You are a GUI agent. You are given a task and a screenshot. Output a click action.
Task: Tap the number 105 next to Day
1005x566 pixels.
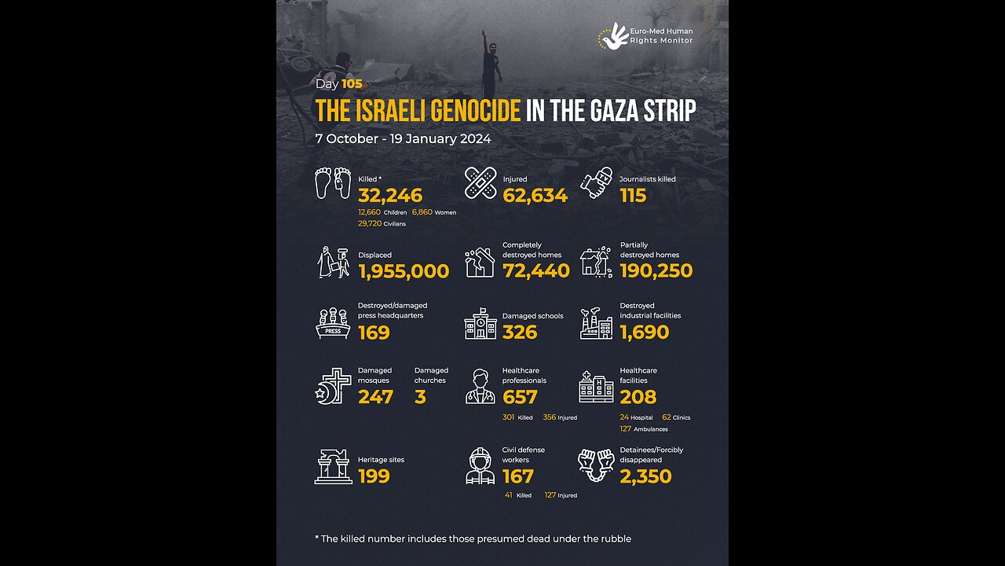[x=352, y=84]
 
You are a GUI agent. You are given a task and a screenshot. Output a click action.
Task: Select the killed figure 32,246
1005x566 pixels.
[x=390, y=196]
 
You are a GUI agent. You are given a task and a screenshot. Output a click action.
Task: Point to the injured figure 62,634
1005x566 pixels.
[x=535, y=196]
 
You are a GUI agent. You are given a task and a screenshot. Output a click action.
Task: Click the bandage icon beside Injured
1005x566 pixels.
[x=480, y=182]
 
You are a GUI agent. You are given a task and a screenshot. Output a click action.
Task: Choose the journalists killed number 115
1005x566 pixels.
[x=633, y=196]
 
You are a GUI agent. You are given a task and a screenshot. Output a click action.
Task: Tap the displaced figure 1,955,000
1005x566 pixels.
[x=404, y=272]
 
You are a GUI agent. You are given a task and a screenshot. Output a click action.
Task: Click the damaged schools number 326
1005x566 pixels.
[x=520, y=333]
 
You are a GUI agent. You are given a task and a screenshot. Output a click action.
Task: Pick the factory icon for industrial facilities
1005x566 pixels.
[x=597, y=323]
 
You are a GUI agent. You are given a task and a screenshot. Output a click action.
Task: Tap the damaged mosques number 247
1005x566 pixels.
[x=375, y=397]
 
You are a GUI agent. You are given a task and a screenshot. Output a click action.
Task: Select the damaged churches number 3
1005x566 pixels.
[x=420, y=397]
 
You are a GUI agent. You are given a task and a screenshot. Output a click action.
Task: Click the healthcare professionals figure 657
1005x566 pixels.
[x=520, y=397]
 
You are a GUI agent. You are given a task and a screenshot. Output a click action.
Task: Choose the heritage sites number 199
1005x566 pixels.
[x=374, y=476]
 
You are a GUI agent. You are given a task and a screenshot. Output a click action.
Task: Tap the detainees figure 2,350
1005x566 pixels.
[x=645, y=476]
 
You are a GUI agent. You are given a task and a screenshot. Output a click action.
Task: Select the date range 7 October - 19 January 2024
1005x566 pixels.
[x=403, y=139]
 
